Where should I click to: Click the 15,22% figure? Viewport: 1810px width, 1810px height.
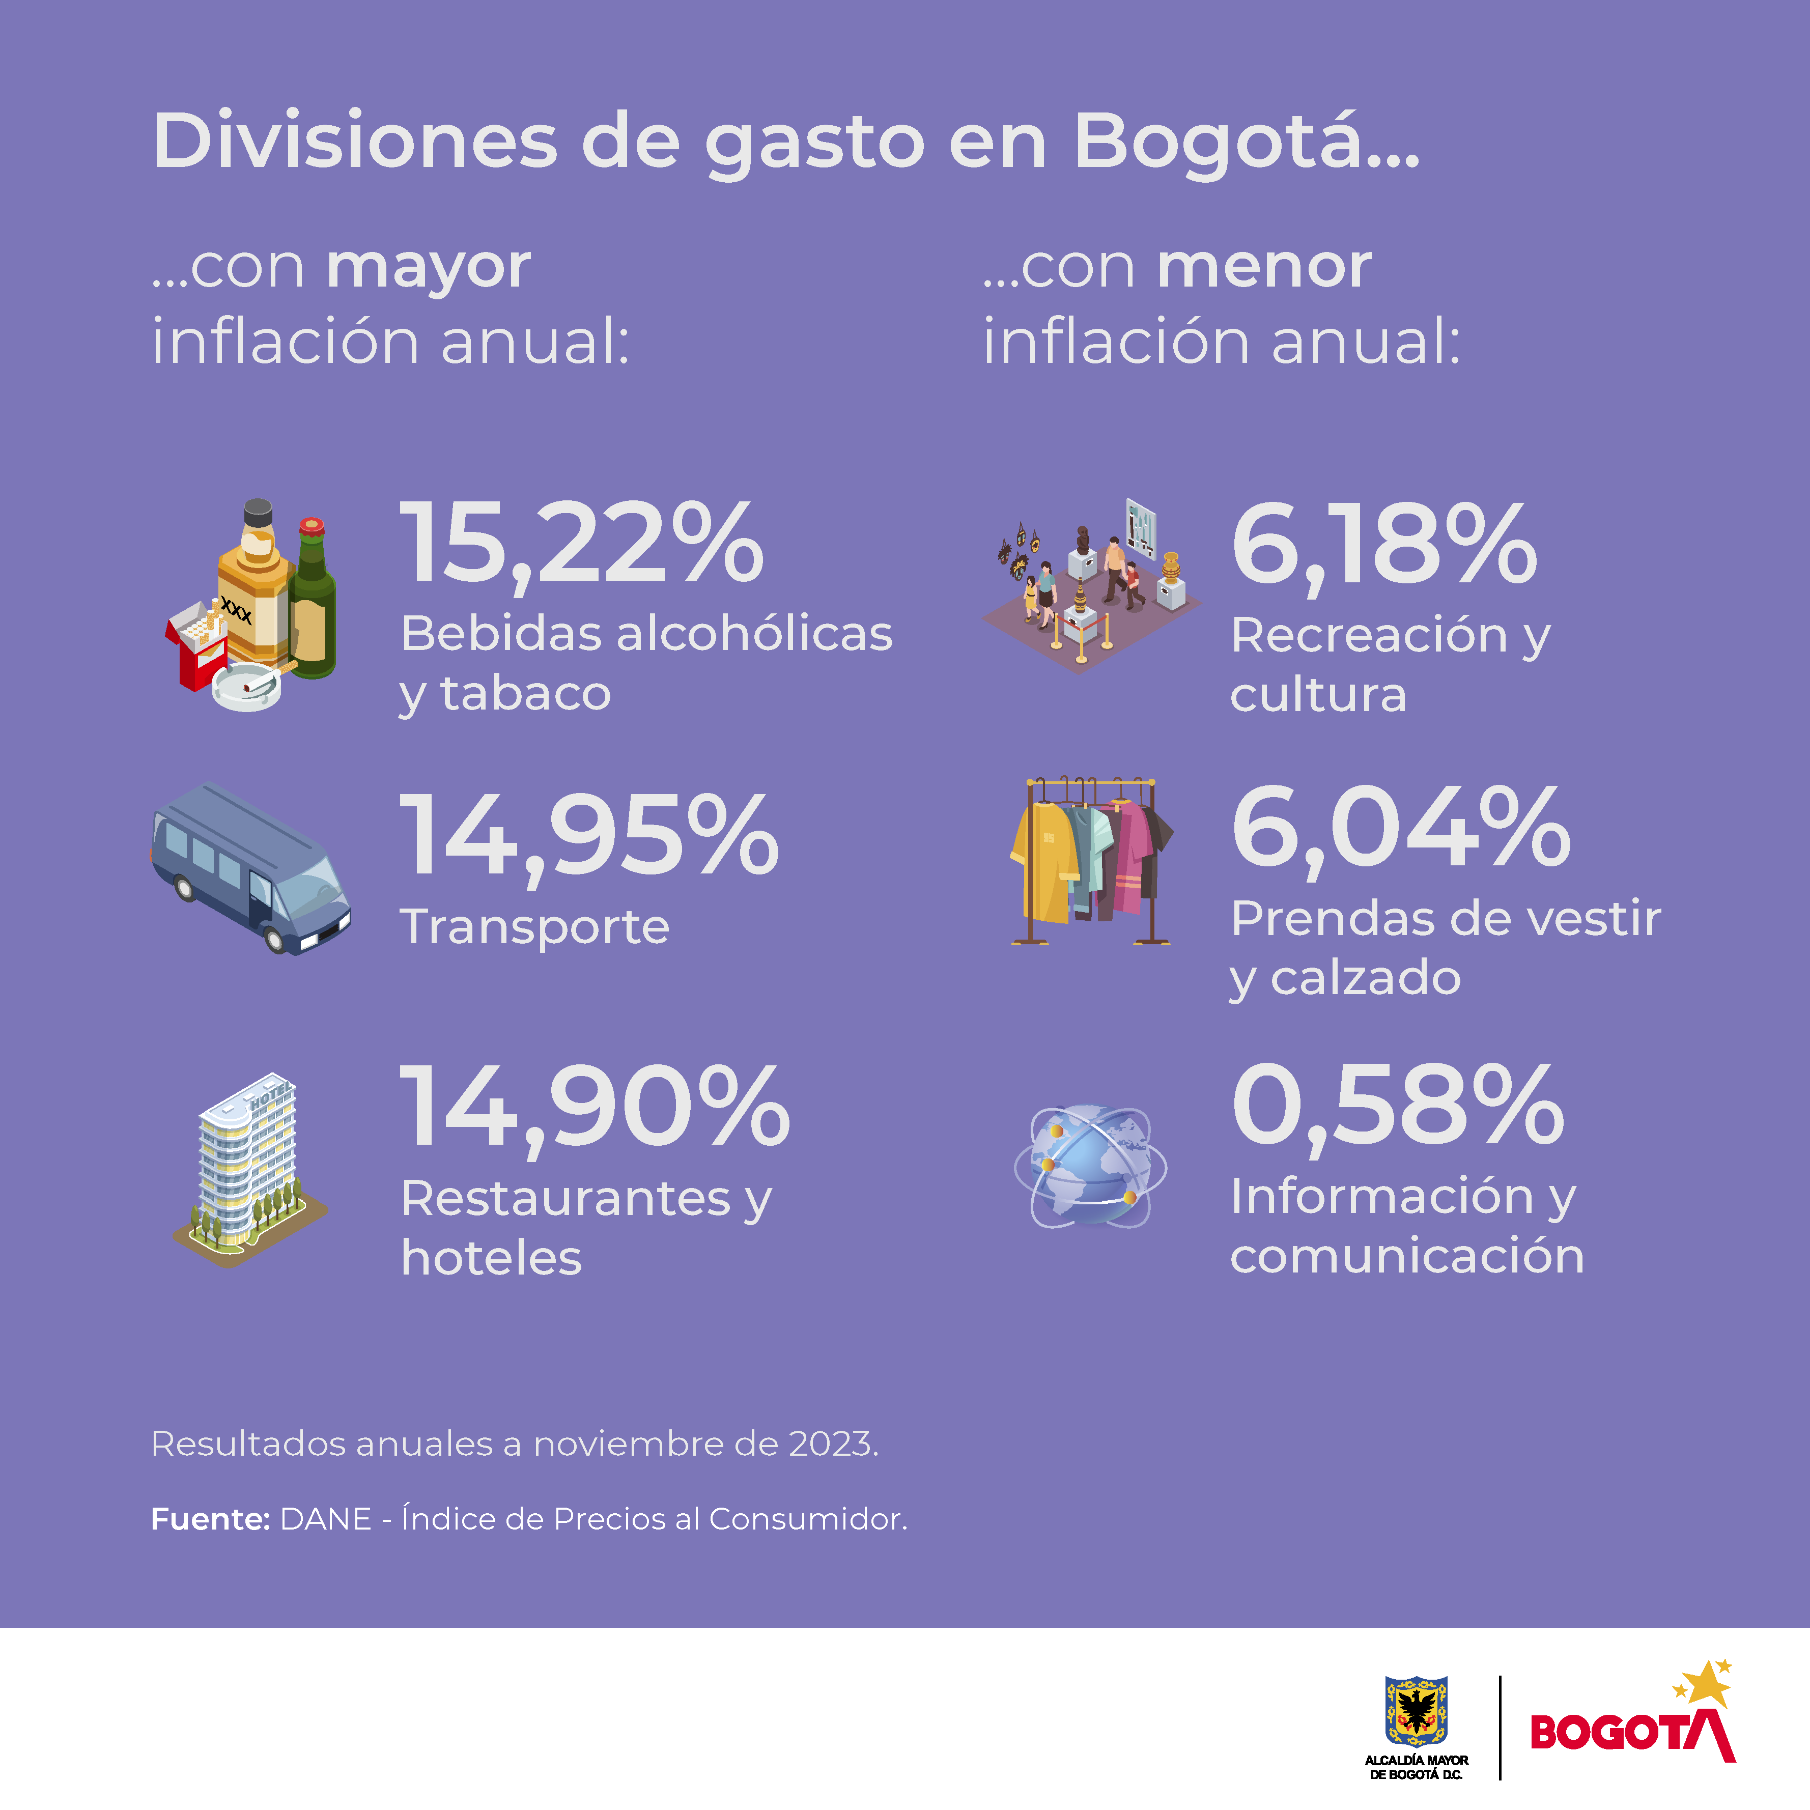[581, 544]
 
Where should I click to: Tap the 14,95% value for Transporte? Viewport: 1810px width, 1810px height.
[588, 834]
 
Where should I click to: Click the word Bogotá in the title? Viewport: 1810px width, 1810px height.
[1246, 143]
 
